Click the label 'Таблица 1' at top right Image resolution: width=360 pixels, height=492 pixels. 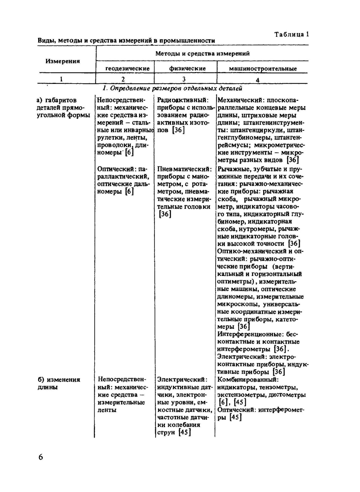(x=292, y=34)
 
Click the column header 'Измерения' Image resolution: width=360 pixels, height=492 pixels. (x=63, y=61)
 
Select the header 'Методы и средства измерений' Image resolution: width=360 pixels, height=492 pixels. (x=202, y=53)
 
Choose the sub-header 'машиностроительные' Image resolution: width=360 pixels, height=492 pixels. (x=263, y=68)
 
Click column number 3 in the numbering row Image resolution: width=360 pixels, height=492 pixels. (x=184, y=79)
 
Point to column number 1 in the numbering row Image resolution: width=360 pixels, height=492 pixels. (x=61, y=79)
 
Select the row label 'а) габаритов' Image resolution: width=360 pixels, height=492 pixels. (x=57, y=100)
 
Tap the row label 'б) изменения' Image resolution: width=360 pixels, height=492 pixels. (x=59, y=380)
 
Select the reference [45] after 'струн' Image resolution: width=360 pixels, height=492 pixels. (x=184, y=432)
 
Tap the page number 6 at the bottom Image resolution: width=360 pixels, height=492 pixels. (x=40, y=457)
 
